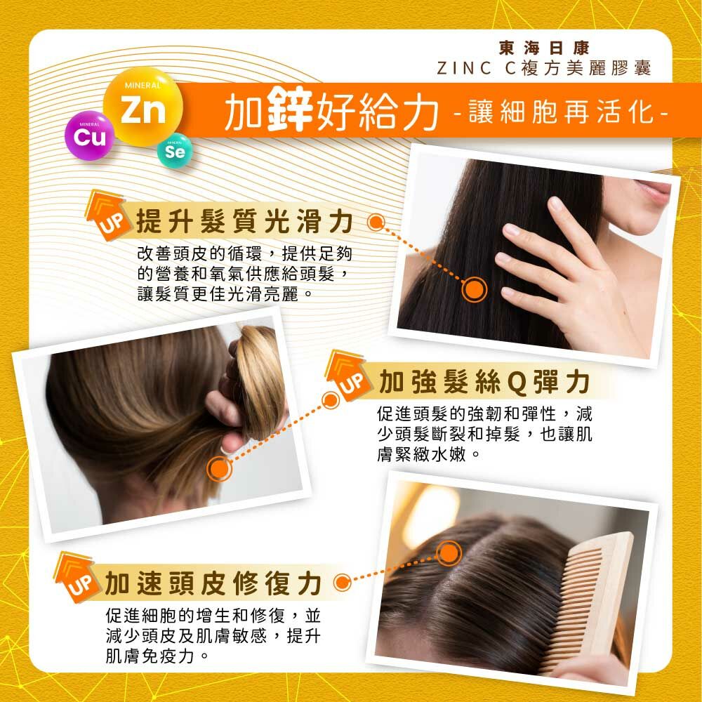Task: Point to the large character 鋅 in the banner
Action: click(x=282, y=112)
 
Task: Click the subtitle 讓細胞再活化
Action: click(x=561, y=112)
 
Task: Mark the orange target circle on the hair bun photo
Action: click(x=220, y=469)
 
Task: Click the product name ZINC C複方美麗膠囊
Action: click(x=543, y=68)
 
